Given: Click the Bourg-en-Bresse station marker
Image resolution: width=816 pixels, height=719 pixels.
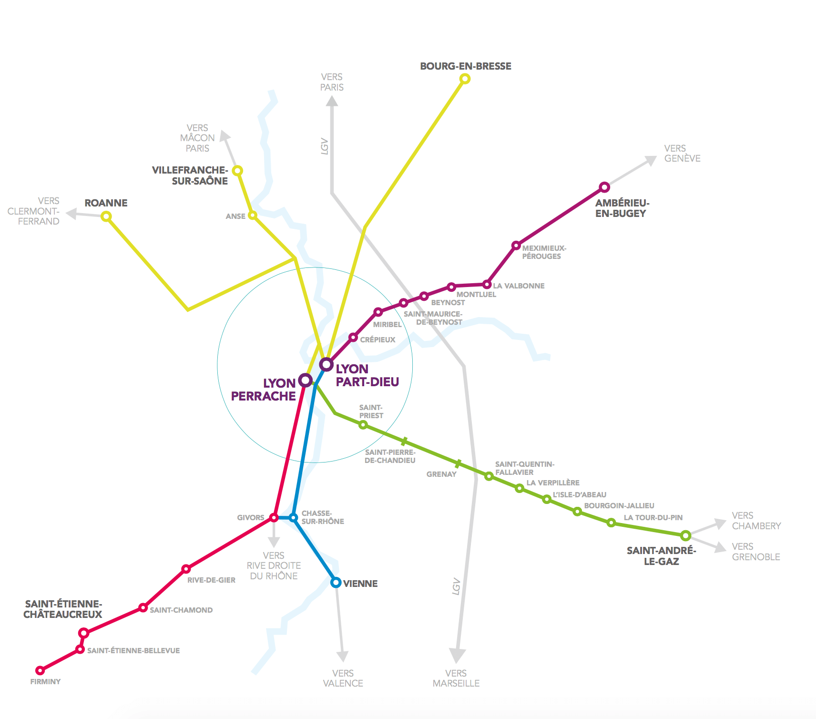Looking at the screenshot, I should point(465,79).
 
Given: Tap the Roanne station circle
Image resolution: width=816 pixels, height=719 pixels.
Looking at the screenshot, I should point(106,216).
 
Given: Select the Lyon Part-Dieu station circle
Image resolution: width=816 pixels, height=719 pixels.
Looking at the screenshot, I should point(326,364).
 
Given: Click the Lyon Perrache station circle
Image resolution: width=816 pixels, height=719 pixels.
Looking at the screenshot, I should point(305,380).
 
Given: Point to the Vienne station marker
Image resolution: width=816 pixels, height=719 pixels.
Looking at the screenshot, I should point(336,582).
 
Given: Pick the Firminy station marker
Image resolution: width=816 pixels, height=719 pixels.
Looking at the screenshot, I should point(41,670).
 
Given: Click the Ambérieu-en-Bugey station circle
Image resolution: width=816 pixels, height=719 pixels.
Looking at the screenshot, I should point(604,187).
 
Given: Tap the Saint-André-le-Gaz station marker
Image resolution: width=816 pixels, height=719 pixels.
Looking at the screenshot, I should point(685,535).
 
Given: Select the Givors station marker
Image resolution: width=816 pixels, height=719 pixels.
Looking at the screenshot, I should point(274,517).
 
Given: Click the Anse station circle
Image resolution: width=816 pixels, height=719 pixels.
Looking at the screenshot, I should point(253,216).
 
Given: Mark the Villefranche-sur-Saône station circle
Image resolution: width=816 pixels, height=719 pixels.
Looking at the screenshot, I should point(237,170).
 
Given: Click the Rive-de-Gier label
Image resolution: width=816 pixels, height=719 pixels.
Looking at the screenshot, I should point(211,580).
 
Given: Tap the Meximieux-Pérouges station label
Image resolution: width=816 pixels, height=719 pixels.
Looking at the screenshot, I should point(544,252).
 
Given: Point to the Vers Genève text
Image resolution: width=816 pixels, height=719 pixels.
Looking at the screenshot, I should point(682,154).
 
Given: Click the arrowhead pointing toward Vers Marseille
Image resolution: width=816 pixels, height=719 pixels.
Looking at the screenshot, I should point(457,655).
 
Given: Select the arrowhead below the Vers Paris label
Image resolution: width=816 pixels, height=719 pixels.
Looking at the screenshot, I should point(332,101).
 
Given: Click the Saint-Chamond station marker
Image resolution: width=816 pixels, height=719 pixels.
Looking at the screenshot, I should point(143,607).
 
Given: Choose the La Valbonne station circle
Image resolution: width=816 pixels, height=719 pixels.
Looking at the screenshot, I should point(487,285).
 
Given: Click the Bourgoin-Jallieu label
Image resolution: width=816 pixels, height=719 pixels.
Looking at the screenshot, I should point(619,505).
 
